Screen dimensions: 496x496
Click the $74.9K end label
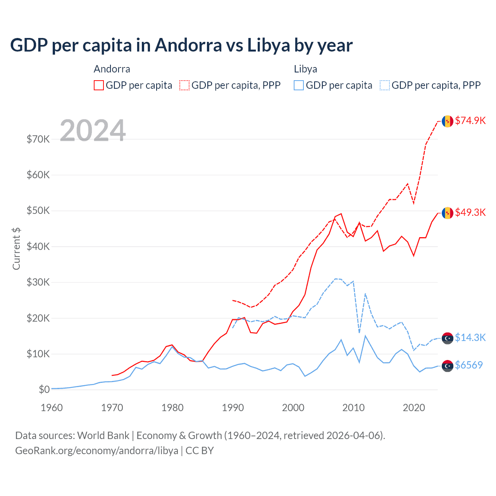470,121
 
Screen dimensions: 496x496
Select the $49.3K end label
470,212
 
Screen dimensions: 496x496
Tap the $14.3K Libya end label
470,338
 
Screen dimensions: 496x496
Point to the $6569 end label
469,365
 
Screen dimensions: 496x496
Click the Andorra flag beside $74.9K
448,121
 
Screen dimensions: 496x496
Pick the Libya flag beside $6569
448,366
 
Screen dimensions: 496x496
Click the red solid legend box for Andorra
99,85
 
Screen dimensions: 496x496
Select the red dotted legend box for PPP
184,85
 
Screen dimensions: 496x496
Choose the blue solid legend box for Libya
299,85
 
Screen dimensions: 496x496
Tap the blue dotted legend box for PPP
385,85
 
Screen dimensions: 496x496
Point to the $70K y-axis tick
38,139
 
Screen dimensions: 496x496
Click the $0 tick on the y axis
44,389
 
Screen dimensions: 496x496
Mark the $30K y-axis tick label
38,282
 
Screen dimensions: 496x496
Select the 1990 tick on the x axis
233,408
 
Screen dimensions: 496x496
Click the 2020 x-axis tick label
414,408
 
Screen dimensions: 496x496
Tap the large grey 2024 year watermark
93,131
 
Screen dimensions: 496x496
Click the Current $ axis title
16,248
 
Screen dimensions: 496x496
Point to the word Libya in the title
269,45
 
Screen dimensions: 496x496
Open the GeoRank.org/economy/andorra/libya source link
96,451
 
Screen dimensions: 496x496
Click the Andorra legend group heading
112,69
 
